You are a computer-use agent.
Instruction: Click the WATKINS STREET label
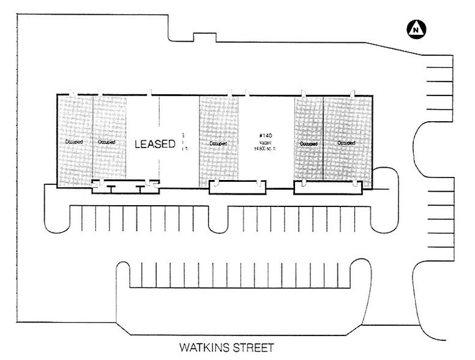pyautogui.click(x=225, y=350)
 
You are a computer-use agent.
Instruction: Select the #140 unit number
pyautogui.click(x=266, y=131)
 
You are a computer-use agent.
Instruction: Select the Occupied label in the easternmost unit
pyautogui.click(x=346, y=143)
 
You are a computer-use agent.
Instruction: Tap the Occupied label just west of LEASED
pyautogui.click(x=107, y=142)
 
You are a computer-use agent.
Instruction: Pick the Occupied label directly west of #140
pyautogui.click(x=219, y=144)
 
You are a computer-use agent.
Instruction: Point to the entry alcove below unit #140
pyautogui.click(x=238, y=187)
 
